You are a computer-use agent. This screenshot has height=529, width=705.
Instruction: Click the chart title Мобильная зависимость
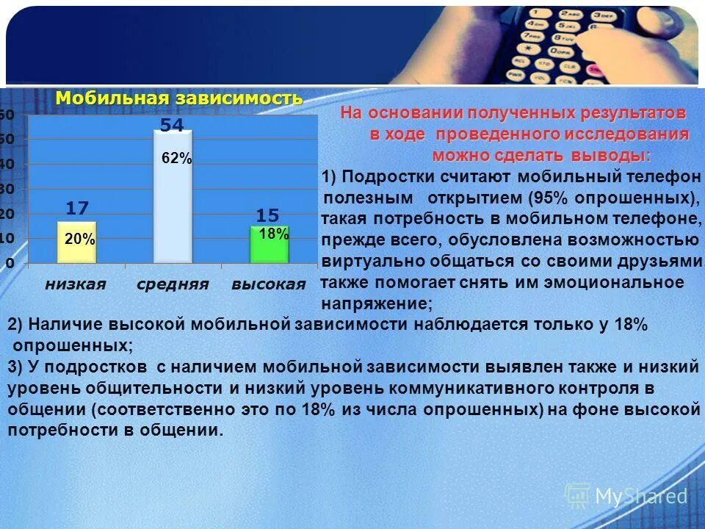(x=179, y=98)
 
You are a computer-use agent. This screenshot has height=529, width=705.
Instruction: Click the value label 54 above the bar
(x=172, y=126)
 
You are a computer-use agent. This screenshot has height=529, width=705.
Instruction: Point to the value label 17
(x=77, y=209)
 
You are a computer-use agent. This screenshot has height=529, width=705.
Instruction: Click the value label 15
(x=268, y=215)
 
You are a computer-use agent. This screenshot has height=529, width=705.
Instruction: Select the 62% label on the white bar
(x=176, y=158)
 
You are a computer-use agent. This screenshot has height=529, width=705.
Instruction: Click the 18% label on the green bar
(x=274, y=234)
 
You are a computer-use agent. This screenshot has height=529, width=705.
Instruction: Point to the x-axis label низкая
(x=76, y=284)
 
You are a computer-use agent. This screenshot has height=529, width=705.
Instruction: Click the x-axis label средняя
(x=173, y=284)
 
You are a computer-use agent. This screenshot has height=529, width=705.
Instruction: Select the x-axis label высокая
(x=268, y=284)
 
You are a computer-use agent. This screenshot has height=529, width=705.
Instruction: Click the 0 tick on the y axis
(x=10, y=262)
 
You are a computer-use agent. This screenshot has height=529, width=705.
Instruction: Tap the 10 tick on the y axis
(x=7, y=238)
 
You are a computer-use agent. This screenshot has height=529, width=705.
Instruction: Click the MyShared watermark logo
(x=626, y=496)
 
